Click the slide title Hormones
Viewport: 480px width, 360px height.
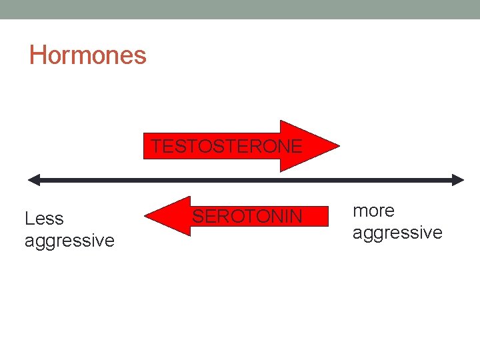click(87, 55)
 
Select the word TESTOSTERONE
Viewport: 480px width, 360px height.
click(226, 145)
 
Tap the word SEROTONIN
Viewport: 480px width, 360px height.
click(247, 216)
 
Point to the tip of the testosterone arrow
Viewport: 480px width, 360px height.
click(338, 146)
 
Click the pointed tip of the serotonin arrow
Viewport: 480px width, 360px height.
click(146, 216)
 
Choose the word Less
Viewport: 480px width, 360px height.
click(44, 219)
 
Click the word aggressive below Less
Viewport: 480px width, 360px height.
click(69, 240)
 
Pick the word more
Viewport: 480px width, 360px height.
click(373, 211)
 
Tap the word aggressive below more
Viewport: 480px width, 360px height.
click(397, 232)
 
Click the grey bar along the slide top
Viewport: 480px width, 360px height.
click(240, 9)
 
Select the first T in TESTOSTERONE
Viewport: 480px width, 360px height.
click(155, 145)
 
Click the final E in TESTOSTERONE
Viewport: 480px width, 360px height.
click(297, 145)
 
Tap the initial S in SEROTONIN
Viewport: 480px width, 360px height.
click(198, 216)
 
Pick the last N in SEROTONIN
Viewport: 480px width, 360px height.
click(296, 216)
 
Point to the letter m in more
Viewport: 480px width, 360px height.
click(360, 211)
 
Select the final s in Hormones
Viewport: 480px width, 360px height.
click(141, 56)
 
